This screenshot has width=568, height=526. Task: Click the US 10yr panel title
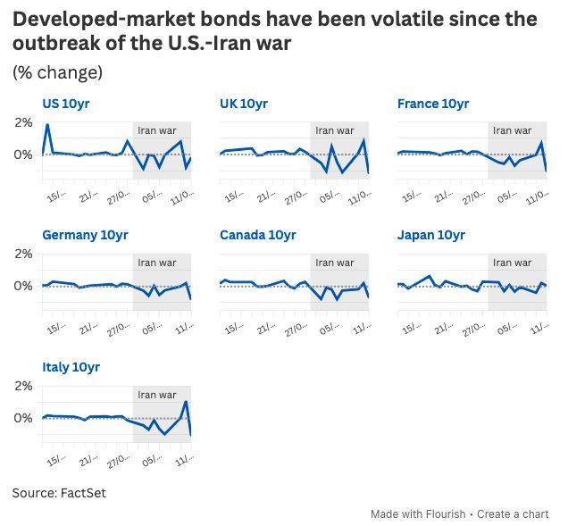click(x=66, y=104)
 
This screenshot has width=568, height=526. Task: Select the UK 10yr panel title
click(x=244, y=104)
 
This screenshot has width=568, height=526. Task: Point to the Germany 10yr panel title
click(x=84, y=235)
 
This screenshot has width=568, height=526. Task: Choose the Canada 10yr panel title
click(x=258, y=235)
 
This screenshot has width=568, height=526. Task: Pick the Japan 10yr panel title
click(x=431, y=235)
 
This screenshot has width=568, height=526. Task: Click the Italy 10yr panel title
click(x=71, y=367)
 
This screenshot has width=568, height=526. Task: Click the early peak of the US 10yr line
click(x=47, y=124)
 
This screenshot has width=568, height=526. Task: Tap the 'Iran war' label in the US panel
click(x=157, y=130)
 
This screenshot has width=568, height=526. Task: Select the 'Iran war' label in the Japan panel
click(x=512, y=263)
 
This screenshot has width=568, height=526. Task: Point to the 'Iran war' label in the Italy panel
click(x=157, y=395)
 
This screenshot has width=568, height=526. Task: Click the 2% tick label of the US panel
click(x=22, y=121)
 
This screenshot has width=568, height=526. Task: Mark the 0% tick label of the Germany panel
click(x=22, y=286)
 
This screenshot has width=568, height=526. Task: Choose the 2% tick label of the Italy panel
click(x=22, y=386)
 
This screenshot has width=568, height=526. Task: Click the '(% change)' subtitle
click(x=57, y=72)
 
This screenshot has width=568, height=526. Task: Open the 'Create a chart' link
click(x=513, y=514)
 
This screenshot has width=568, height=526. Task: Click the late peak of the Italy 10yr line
click(x=186, y=401)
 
